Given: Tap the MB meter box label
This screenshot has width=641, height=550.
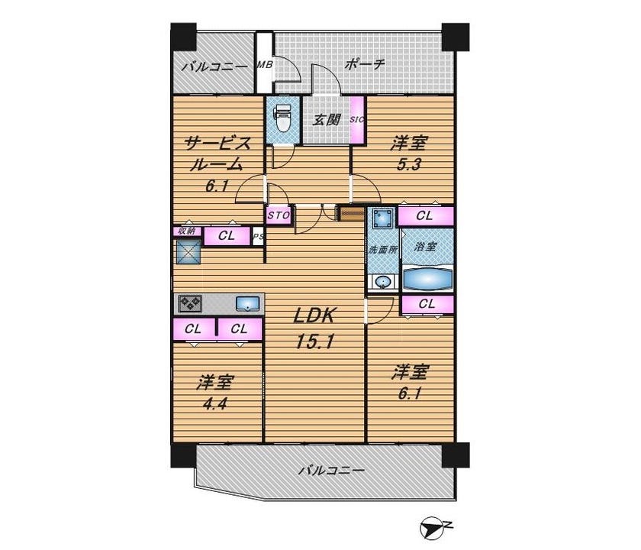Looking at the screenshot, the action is pos(265,65).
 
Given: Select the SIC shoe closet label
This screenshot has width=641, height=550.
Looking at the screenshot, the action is pos(357,119).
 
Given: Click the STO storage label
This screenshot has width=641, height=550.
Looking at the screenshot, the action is pos(279,215).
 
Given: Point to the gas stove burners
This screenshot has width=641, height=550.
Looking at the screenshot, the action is pos(190,303).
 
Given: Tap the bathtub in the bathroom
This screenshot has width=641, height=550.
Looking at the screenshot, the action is pos(427,278).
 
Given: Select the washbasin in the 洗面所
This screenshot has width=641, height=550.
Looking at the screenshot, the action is pos(383,283).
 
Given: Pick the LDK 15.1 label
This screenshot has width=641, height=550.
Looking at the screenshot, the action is pos(314,328).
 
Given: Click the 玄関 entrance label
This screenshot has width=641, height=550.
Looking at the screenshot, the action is pos(327,119).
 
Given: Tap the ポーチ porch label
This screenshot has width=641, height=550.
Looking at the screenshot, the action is pos(365,65).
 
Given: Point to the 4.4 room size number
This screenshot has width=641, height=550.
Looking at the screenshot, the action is pos(215,404).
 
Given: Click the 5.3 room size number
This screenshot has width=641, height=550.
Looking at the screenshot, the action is pos(409,164).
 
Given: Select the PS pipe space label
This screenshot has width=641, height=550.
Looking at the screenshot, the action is pos(258,236).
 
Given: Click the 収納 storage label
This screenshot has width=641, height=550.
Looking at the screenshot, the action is pos(187,231).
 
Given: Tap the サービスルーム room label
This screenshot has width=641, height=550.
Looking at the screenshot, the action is pos(217,154).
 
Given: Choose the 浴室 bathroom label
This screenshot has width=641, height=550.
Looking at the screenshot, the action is pos(427,247).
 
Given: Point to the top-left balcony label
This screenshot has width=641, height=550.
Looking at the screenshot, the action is pos(214,66).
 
